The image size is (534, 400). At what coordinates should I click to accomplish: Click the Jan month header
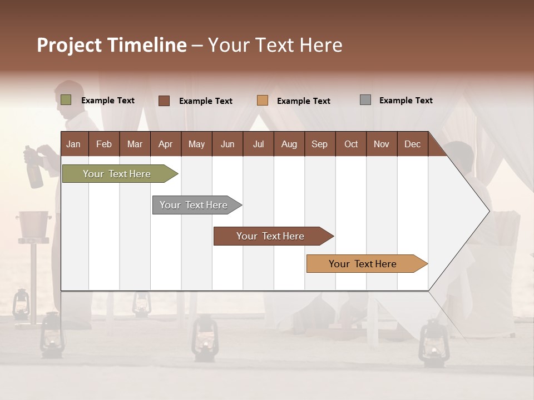73,144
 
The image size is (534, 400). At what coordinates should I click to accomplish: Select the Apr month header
165,144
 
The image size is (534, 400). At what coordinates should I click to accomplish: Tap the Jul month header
258,144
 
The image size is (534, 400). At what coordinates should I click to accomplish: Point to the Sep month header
319,144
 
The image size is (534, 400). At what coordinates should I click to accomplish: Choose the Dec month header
412,144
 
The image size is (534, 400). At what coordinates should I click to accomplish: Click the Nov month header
381,144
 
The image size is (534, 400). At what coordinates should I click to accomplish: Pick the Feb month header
104,144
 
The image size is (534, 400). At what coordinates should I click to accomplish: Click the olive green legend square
66,100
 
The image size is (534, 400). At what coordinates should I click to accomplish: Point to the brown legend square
164,101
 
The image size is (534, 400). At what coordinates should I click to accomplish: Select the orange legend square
263,101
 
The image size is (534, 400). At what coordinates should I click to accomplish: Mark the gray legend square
365,100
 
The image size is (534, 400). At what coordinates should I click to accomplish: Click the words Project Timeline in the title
111,45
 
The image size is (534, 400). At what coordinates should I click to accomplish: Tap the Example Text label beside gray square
406,101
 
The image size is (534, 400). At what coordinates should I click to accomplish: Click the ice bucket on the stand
33,223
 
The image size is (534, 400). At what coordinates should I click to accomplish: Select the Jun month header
228,144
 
